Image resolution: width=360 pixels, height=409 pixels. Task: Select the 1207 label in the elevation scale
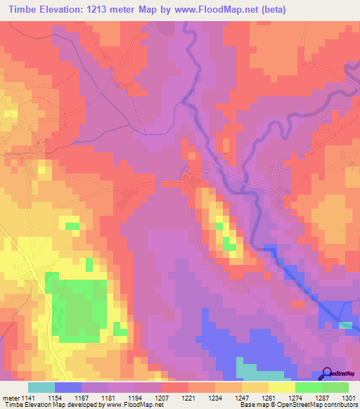click(162, 397)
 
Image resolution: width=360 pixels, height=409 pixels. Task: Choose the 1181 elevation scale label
click(109, 397)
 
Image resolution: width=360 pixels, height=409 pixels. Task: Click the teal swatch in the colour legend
click(41, 387)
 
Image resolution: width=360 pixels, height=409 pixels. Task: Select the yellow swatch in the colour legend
click(281, 387)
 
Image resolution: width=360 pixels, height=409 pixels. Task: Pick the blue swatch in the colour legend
click(68, 387)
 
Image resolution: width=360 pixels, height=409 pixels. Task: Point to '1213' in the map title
click(113, 9)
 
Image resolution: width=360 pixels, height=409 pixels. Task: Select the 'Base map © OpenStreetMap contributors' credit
click(297, 405)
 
